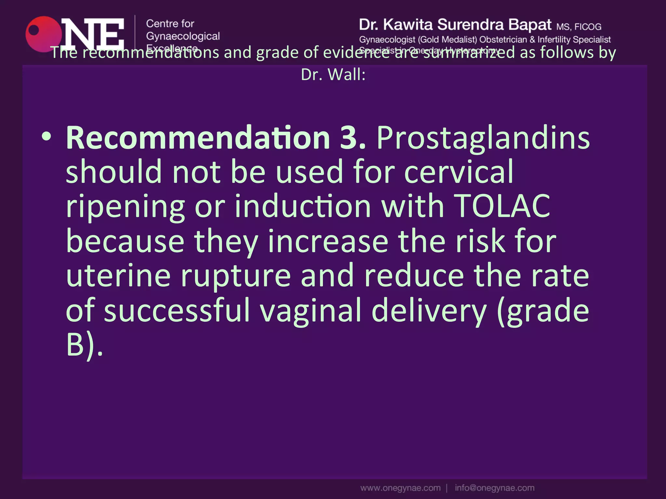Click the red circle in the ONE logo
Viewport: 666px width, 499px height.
pyautogui.click(x=42, y=34)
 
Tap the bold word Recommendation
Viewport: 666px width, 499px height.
pyautogui.click(x=198, y=138)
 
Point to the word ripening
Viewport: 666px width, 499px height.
pyautogui.click(x=125, y=207)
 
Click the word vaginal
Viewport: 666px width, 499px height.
pyautogui.click(x=311, y=310)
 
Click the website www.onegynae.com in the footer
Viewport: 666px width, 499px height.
pyautogui.click(x=400, y=488)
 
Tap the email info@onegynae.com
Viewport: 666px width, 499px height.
pyautogui.click(x=494, y=488)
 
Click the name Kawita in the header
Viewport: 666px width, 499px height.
pyautogui.click(x=408, y=25)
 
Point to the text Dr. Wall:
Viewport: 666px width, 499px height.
pyautogui.click(x=333, y=75)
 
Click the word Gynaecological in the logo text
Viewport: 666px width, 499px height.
pyautogui.click(x=183, y=36)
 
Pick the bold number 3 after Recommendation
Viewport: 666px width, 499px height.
pyautogui.click(x=350, y=138)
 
